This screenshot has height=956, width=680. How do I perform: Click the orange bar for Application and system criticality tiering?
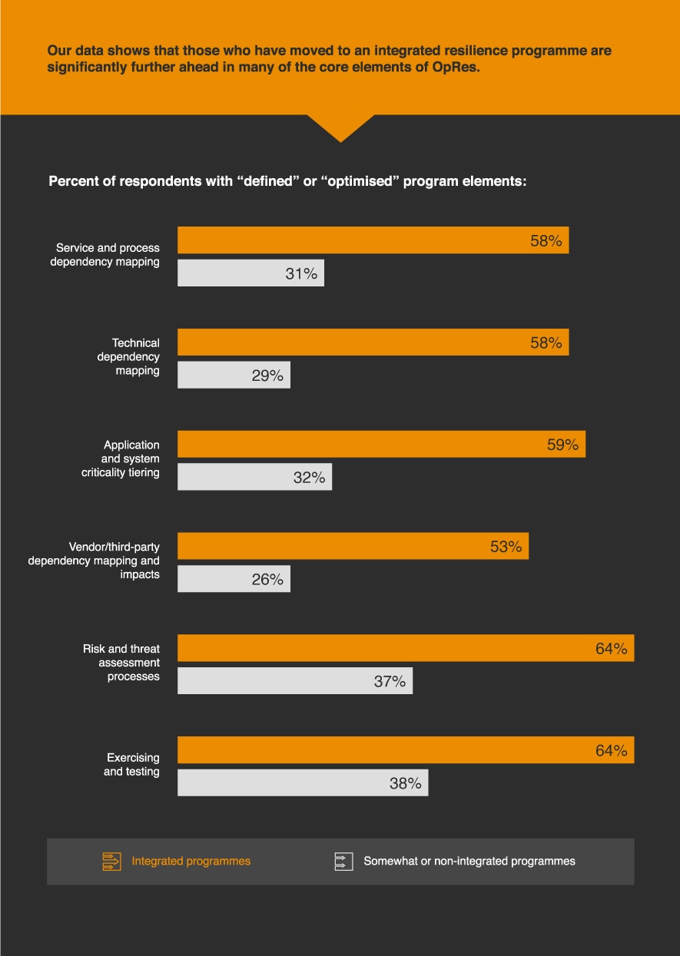point(381,444)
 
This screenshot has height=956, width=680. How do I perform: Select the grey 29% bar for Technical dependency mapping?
point(234,375)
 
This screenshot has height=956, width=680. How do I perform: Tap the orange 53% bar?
point(353,546)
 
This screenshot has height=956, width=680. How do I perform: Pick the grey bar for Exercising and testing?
point(303,782)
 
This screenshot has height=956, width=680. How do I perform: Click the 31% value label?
point(301,273)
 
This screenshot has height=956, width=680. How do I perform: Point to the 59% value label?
point(562,445)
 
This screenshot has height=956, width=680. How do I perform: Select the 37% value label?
point(390,681)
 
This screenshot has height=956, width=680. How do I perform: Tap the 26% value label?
point(267,580)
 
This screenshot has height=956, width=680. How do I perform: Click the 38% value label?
point(406,783)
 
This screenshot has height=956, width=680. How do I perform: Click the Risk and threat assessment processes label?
point(121,663)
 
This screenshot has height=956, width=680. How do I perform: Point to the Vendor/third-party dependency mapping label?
point(94,561)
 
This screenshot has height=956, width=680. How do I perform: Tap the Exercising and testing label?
point(131,764)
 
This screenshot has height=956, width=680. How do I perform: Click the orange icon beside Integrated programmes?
point(112,862)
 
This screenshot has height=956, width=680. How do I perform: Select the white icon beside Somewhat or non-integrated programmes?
point(343,862)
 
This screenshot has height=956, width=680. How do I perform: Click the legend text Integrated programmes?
point(191,862)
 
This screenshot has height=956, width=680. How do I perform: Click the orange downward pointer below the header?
point(340,127)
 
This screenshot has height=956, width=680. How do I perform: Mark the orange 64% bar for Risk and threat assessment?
point(406,648)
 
